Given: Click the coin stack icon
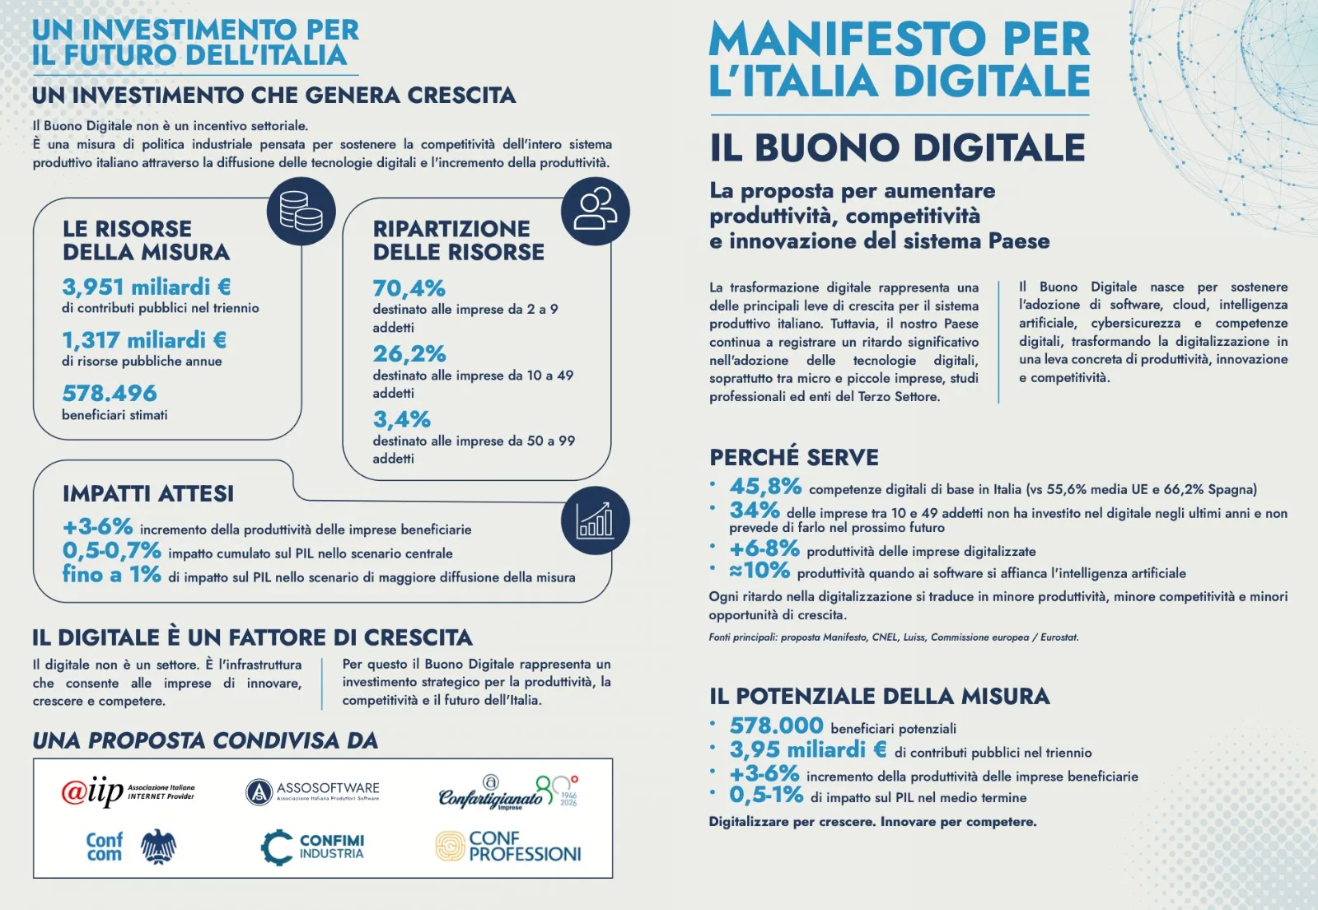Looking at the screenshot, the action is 301,211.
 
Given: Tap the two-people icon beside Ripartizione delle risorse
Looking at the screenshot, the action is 595,211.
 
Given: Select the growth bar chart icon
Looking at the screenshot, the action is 595,520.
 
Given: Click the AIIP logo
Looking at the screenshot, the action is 129,791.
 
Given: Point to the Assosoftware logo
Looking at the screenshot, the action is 312,791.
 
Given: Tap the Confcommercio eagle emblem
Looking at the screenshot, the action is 158,847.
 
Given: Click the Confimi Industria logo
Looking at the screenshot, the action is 312,847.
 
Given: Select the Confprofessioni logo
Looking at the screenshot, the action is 508,847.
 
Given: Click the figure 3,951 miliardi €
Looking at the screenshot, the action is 147,287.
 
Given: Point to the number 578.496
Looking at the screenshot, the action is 110,393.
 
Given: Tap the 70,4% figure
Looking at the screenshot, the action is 409,288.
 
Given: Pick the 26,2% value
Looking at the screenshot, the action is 409,353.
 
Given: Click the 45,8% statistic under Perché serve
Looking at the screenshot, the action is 765,487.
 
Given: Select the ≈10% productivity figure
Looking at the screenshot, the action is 759,570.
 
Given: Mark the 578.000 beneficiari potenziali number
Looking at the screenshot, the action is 776,726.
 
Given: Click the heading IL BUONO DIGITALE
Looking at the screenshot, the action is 897,147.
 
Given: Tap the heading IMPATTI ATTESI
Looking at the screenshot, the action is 148,493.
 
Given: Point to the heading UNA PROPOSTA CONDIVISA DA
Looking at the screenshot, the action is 205,740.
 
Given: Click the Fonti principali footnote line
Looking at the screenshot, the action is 894,637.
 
